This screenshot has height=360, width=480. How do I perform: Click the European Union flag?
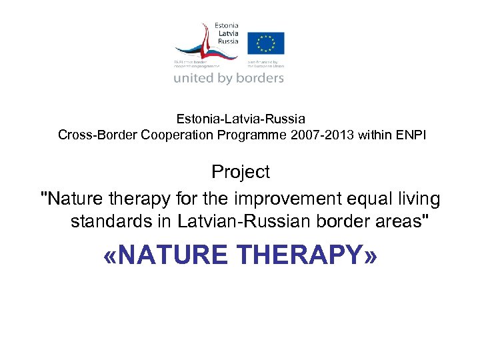(266, 43)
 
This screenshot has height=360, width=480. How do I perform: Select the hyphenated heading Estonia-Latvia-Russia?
(241, 119)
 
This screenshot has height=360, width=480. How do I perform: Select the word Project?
(241, 172)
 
